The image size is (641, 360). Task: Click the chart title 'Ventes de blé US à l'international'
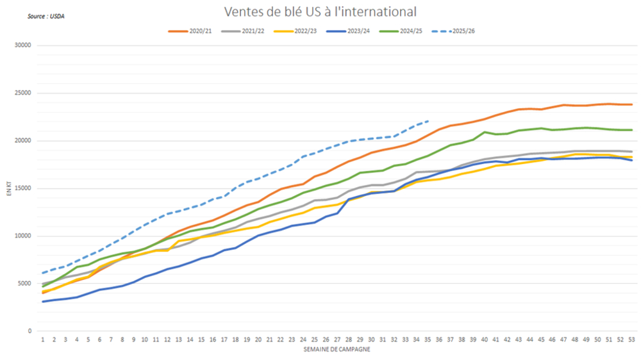tap(320, 12)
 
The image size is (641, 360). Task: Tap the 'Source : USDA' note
tap(46, 16)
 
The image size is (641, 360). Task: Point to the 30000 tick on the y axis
tap(24, 45)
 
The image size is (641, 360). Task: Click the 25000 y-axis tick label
tap(24, 93)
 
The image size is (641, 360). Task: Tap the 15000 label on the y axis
tap(24, 188)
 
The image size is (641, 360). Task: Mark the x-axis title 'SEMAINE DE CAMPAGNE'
tap(337, 350)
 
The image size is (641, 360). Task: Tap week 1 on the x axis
tap(43, 340)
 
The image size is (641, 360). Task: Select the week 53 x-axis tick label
tap(631, 340)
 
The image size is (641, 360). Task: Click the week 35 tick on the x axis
tap(428, 340)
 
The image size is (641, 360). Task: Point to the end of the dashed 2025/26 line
tap(428, 120)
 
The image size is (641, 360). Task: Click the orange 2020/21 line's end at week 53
tap(631, 104)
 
